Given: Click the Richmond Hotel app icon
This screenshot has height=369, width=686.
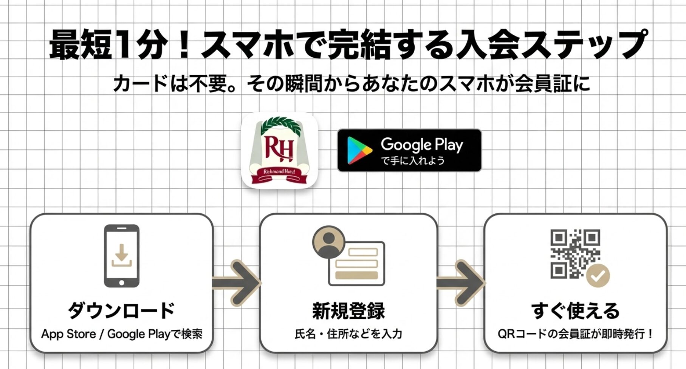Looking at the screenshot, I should [279, 150].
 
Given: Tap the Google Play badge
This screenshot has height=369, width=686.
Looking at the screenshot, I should [409, 150].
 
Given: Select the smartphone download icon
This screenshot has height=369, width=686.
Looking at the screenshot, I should [121, 256].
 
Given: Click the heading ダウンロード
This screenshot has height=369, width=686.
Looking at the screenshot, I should [121, 310].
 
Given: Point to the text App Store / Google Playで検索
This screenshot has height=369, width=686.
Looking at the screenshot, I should [121, 334].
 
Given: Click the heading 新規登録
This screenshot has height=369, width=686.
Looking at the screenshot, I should [348, 310].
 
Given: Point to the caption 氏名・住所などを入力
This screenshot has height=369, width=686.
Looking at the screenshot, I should [348, 334].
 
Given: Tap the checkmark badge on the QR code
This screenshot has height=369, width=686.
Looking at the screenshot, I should [598, 276].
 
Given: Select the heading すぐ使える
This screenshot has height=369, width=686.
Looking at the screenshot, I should [575, 310].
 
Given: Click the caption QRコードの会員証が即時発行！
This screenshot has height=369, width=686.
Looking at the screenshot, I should [575, 334].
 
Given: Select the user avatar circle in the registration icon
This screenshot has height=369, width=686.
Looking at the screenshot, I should [329, 242].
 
